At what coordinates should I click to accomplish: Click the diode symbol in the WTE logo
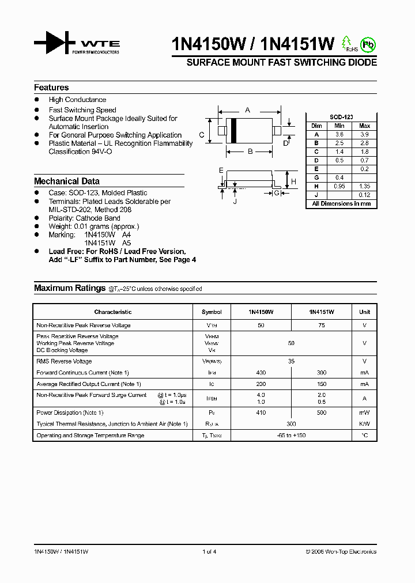[55, 43]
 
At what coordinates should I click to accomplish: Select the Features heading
[51, 88]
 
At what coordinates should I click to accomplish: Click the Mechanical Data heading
[66, 181]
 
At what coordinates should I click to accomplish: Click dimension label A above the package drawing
[248, 109]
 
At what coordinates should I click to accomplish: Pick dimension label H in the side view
[293, 181]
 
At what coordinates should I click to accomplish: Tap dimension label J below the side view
[235, 202]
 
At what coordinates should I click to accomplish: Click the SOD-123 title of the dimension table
[341, 117]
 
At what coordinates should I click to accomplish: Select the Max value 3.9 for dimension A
[364, 134]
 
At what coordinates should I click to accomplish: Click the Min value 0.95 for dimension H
[339, 186]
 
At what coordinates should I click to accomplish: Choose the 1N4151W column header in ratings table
[321, 312]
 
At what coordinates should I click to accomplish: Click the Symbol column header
[212, 312]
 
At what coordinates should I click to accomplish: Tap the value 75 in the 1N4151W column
[321, 325]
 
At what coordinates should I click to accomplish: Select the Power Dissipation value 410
[261, 412]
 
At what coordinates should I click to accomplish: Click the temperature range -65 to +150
[291, 436]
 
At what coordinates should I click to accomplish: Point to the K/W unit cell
[364, 423]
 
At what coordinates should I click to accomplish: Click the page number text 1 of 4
[209, 552]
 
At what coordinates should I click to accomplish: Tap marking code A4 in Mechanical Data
[127, 235]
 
